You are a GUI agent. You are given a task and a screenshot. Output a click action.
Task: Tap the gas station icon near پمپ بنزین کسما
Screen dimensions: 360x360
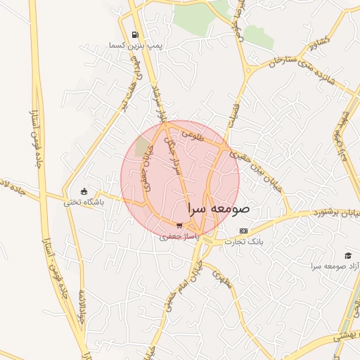coord(134,34)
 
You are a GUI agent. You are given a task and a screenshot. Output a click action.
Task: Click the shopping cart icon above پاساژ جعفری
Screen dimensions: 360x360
coord(180,226)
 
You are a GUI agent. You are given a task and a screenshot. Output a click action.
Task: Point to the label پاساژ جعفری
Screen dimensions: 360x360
coord(179,238)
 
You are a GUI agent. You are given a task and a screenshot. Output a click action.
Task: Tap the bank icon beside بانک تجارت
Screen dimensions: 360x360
coord(244,231)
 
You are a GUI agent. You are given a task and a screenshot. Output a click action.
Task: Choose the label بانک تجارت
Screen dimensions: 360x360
coord(243,242)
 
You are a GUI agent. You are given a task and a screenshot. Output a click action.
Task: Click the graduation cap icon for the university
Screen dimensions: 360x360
coord(349,256)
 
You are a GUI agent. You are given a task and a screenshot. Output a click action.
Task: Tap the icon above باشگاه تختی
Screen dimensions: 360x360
coord(84,191)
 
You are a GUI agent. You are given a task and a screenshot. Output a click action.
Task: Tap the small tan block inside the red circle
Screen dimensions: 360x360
coord(143,147)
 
